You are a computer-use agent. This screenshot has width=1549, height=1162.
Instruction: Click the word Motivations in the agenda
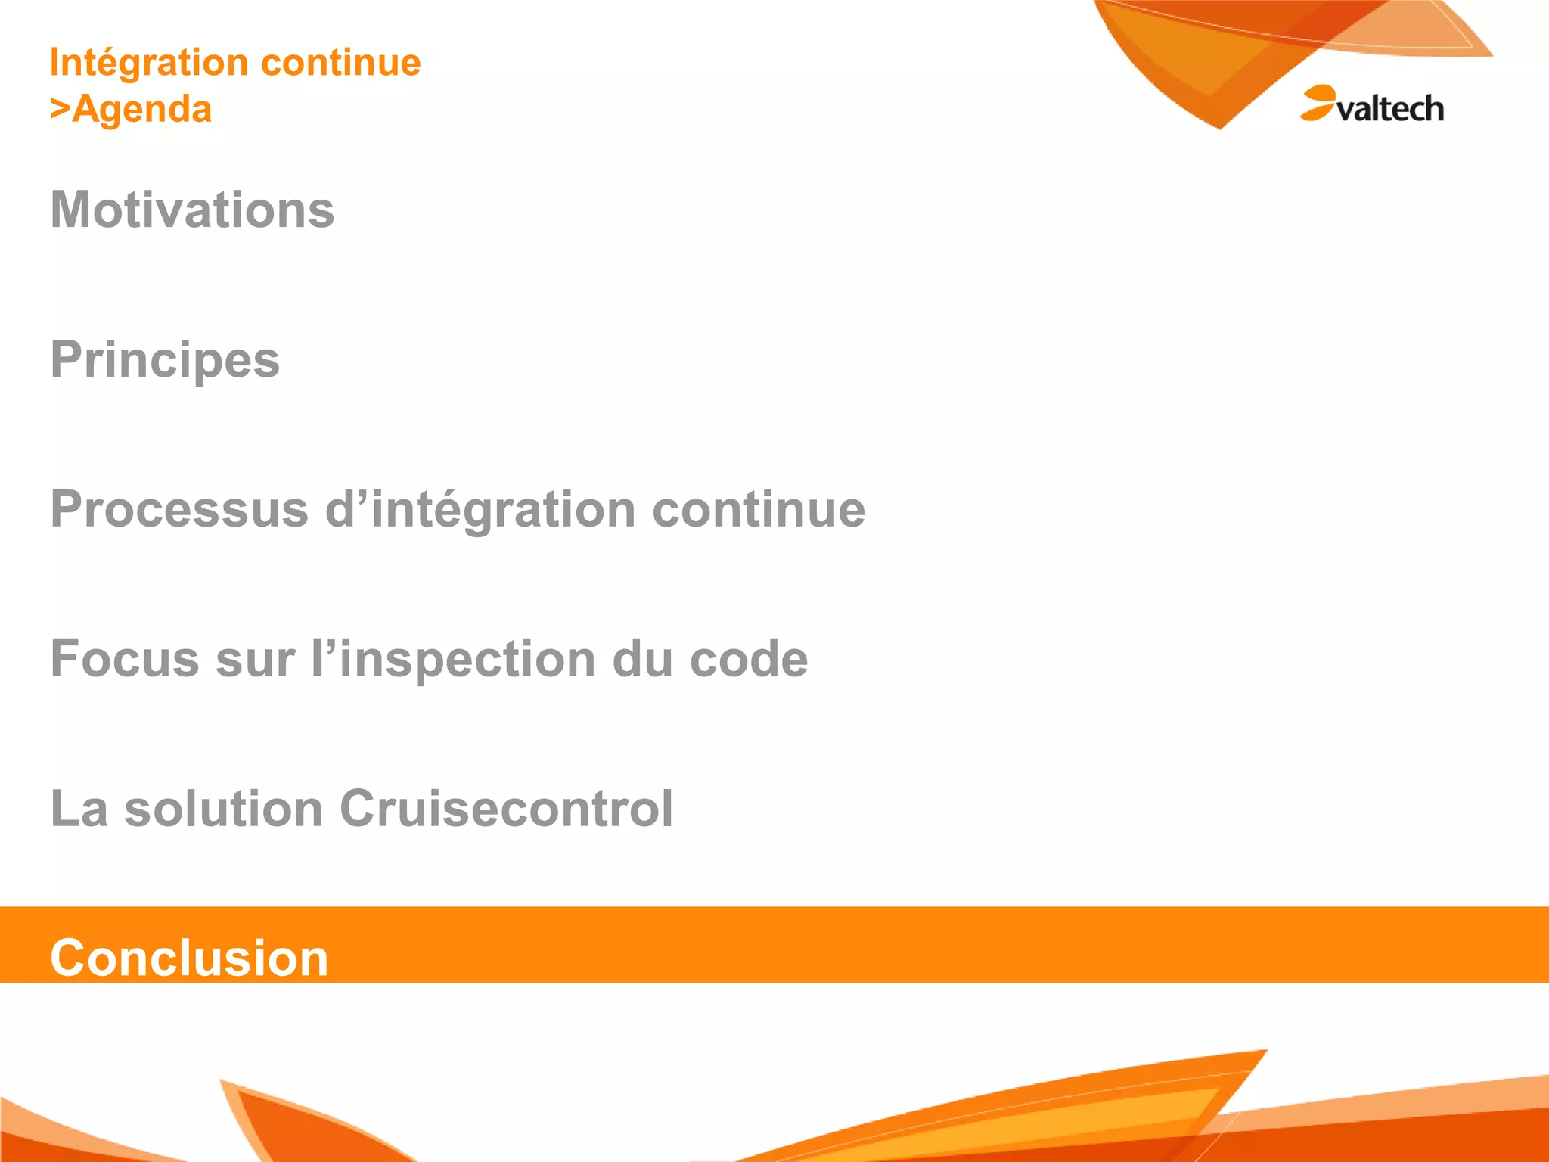(x=192, y=210)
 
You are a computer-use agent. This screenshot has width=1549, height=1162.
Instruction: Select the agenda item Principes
(x=165, y=359)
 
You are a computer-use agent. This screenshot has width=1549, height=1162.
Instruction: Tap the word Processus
(x=179, y=509)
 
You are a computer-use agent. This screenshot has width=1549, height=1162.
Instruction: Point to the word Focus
(x=125, y=659)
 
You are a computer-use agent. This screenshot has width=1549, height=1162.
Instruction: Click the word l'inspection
(x=453, y=659)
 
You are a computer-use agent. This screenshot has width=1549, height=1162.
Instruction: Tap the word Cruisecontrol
(x=506, y=809)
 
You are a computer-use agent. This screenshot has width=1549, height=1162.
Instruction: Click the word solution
(x=223, y=809)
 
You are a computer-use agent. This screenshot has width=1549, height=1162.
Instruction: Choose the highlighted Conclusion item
(x=189, y=958)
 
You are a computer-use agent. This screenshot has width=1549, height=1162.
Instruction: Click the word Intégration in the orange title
(x=148, y=63)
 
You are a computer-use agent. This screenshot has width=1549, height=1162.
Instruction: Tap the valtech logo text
(x=1390, y=110)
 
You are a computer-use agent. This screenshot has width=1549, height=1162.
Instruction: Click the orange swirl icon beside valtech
(x=1318, y=102)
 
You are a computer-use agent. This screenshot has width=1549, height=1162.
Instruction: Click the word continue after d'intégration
(x=759, y=509)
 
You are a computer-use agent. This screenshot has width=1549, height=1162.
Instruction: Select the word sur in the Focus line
(x=256, y=659)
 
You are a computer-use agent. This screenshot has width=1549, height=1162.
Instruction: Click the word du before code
(x=642, y=659)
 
